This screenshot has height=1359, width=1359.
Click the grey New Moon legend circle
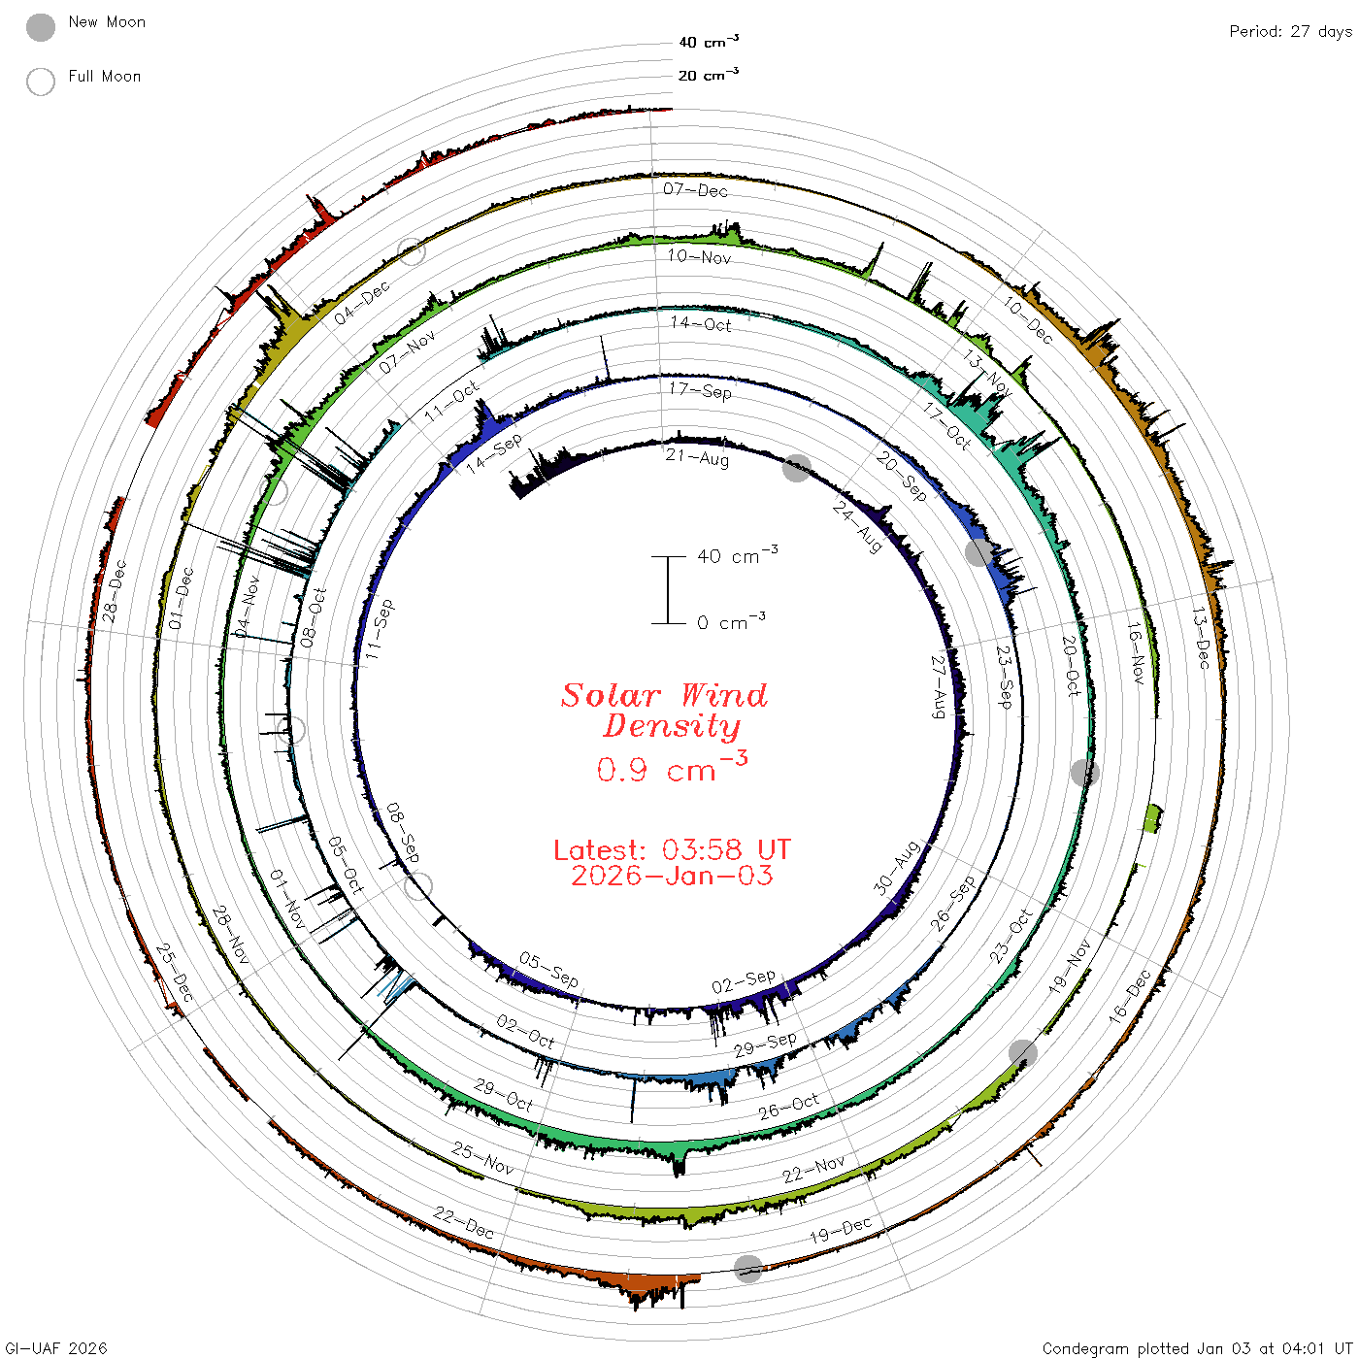[x=40, y=27]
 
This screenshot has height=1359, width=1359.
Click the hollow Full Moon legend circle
[x=40, y=82]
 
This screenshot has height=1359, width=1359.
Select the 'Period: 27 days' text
[x=1290, y=32]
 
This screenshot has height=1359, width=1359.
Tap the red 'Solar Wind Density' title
[x=664, y=711]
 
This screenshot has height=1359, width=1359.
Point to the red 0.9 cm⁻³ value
[x=672, y=767]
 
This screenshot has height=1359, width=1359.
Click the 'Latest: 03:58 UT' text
[x=672, y=849]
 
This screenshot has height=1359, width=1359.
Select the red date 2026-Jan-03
[x=672, y=876]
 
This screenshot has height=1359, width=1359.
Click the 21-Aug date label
[x=697, y=458]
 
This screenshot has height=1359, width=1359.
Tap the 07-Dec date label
[x=695, y=189]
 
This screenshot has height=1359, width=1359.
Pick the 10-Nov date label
[x=699, y=256]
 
